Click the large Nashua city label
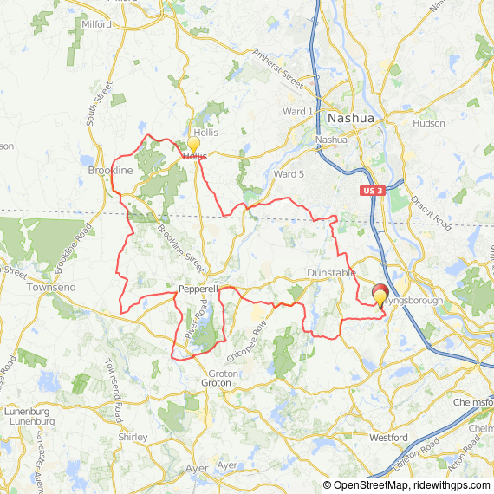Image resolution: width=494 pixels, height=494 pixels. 350,117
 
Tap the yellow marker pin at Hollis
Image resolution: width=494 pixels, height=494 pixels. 193,145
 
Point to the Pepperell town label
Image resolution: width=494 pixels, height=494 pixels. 198,288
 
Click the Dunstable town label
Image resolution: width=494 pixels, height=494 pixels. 331,273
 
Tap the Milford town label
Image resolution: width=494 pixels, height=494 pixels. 96,24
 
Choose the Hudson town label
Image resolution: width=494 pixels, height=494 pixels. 429,123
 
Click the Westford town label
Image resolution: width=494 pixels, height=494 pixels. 388,438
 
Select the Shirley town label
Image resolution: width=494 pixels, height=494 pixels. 132,437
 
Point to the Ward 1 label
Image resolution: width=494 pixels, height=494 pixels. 298,112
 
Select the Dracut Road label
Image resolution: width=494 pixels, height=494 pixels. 433,209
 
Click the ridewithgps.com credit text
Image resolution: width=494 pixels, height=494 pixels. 454,485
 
